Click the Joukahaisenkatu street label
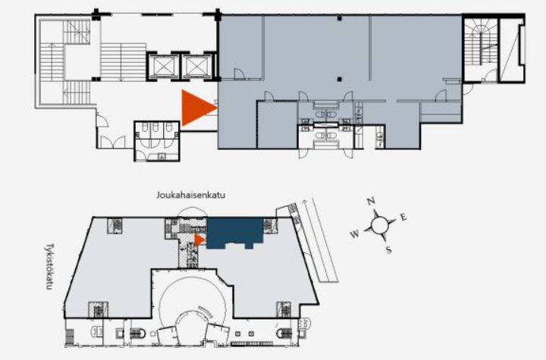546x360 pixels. click(x=190, y=195)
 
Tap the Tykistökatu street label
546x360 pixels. click(x=49, y=266)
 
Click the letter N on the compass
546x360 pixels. click(x=371, y=201)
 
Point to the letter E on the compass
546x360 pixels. click(x=403, y=218)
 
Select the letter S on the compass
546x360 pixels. click(x=388, y=249)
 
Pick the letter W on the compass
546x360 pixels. click(x=354, y=234)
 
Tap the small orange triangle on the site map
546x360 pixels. click(x=199, y=239)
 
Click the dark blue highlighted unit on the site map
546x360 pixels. click(x=234, y=233)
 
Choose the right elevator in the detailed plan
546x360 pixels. click(x=197, y=67)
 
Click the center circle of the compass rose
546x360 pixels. click(x=380, y=225)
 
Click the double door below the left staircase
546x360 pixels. click(x=112, y=142)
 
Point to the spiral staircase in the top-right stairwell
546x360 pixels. click(x=481, y=41)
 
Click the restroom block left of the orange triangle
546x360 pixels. click(x=157, y=141)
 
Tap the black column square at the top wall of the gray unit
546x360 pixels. click(x=340, y=17)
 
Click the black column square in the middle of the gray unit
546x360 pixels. click(x=340, y=79)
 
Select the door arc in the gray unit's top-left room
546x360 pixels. click(x=239, y=74)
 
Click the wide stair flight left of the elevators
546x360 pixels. click(x=123, y=62)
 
